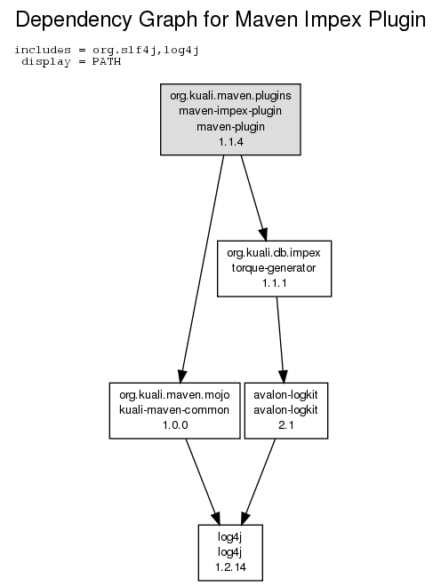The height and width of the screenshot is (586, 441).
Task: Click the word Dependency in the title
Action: [x=74, y=20]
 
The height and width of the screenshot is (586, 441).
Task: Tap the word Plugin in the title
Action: [x=397, y=20]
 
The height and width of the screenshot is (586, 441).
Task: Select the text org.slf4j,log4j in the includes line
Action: [x=146, y=51]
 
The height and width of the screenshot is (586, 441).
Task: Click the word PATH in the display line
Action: [x=107, y=61]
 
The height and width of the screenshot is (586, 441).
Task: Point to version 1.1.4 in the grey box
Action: [x=230, y=142]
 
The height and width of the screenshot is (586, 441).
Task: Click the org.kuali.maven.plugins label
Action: [x=230, y=96]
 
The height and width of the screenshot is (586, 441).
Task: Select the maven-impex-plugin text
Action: [x=230, y=111]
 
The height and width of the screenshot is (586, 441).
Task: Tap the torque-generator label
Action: [x=274, y=268]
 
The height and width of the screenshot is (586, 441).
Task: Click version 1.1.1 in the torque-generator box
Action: [x=275, y=283]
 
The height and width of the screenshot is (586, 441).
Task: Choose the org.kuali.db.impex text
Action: [x=274, y=253]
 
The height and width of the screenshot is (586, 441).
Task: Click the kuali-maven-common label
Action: [x=174, y=410]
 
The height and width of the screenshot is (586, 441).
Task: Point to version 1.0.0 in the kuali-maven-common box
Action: [x=175, y=425]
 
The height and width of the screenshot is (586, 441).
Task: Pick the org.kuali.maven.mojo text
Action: [x=174, y=395]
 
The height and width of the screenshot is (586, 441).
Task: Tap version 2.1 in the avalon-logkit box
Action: [x=286, y=425]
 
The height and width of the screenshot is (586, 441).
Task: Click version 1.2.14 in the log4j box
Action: [x=230, y=567]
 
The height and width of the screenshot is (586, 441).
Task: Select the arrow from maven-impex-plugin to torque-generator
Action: [x=253, y=198]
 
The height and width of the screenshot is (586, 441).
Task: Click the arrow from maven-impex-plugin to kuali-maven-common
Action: [x=203, y=269]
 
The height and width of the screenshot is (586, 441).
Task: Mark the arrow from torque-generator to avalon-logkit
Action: [x=280, y=340]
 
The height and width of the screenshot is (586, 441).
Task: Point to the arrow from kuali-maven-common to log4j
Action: [x=203, y=482]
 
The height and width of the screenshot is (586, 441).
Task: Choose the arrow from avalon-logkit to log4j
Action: [x=259, y=482]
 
